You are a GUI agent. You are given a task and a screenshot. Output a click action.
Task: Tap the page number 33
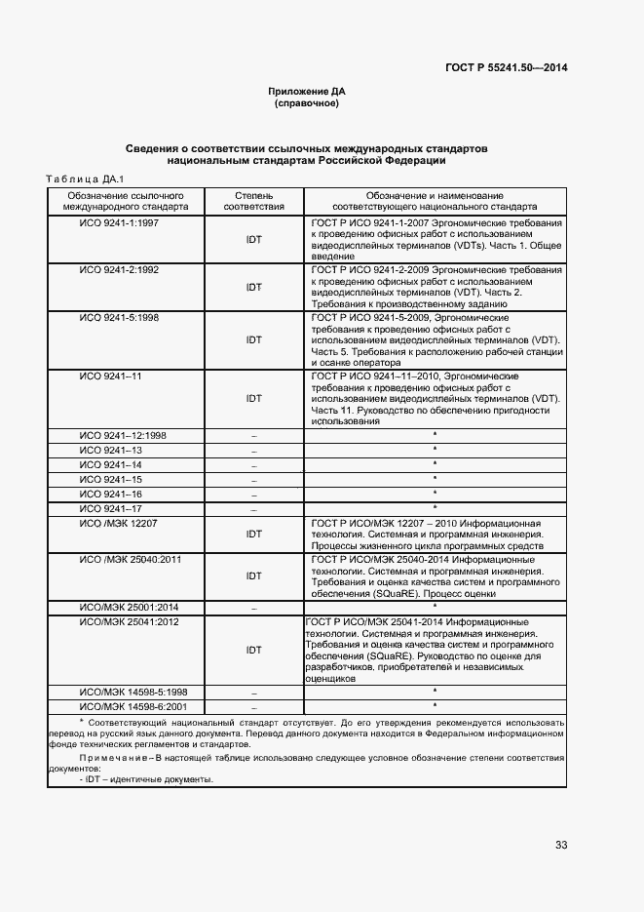coord(561,845)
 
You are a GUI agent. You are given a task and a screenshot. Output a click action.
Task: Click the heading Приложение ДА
coord(307,91)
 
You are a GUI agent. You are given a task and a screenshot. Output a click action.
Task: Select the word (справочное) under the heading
coord(307,102)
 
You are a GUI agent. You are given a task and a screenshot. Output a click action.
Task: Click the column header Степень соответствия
coord(254,201)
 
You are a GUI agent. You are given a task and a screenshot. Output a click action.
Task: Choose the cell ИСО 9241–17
coord(110,508)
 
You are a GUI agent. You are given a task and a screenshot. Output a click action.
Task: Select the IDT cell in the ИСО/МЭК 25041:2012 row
coord(254,650)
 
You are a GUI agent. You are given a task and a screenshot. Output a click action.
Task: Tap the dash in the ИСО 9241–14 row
coord(254,465)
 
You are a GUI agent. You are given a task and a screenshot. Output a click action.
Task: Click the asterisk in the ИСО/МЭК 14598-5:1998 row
coord(435,691)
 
